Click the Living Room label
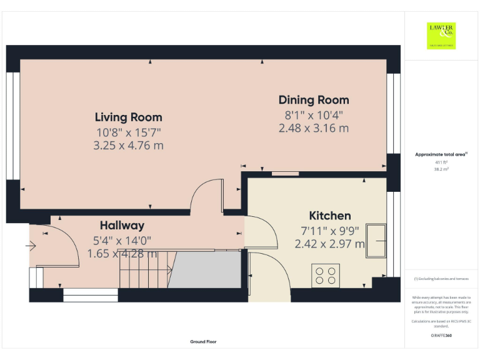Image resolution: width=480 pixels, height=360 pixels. (x=128, y=117)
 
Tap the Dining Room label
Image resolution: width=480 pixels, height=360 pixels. (x=314, y=100)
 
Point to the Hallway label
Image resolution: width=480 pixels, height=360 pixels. (x=122, y=226)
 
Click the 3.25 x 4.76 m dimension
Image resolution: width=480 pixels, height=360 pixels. (x=129, y=146)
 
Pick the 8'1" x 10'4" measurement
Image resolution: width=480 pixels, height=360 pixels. (x=314, y=115)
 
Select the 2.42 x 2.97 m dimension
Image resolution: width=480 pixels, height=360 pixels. (x=330, y=244)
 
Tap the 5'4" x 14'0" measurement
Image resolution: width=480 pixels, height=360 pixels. (x=122, y=240)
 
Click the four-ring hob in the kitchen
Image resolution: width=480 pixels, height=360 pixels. (x=325, y=276)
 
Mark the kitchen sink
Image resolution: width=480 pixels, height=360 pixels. (x=377, y=240)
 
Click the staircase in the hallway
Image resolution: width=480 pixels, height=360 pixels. (x=144, y=269)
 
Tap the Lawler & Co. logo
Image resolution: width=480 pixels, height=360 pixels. (x=441, y=36)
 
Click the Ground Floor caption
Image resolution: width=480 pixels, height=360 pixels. (x=203, y=342)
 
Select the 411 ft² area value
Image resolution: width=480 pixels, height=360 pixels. (x=441, y=162)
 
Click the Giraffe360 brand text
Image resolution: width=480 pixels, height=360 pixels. (x=441, y=336)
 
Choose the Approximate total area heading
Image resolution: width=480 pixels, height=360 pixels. (x=441, y=154)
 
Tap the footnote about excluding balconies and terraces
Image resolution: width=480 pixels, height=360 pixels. (x=441, y=279)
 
